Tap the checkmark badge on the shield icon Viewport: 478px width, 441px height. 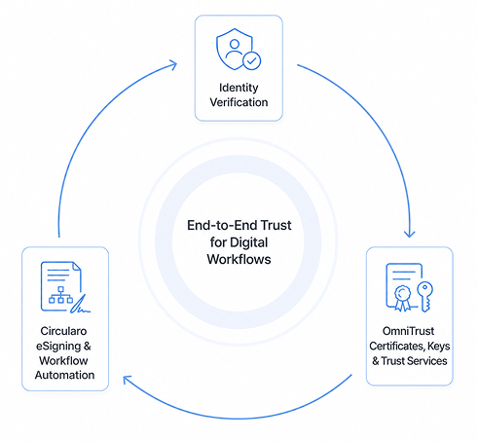[x=252, y=60]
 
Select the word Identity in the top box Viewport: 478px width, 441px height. [x=239, y=88]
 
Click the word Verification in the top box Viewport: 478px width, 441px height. [x=239, y=102]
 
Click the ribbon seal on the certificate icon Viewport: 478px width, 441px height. [x=402, y=298]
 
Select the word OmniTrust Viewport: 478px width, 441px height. [x=408, y=331]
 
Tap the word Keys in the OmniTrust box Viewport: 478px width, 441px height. [x=439, y=347]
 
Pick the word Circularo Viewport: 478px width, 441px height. [x=63, y=331]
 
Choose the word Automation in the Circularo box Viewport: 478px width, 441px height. [x=65, y=375]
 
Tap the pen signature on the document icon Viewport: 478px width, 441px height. [x=81, y=305]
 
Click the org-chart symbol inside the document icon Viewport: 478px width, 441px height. [x=60, y=295]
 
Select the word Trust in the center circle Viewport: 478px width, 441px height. [x=276, y=225]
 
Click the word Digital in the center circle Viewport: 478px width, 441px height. [x=249, y=242]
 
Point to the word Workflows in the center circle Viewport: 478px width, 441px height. [x=239, y=259]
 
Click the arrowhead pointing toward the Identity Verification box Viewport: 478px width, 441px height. [x=173, y=64]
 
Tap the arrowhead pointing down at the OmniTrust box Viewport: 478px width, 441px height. [x=410, y=233]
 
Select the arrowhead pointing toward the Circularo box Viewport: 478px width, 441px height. [x=127, y=380]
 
